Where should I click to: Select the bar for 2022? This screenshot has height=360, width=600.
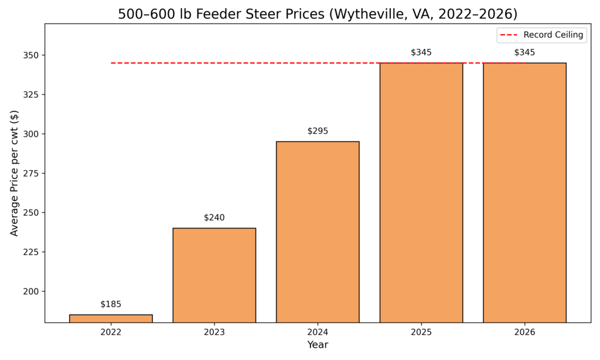pos(111,318)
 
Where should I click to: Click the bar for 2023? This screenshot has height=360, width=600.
pos(214,275)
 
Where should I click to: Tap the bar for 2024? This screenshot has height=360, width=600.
pos(318,232)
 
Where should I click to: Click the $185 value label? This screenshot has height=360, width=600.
pos(111,304)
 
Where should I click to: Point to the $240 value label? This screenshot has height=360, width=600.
pos(214,218)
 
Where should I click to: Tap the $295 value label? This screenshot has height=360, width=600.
pos(318,131)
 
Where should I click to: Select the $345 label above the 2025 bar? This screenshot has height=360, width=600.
pos(421,52)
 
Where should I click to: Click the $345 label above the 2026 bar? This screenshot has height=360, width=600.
pos(524,52)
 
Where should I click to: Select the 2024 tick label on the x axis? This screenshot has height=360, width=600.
pos(318,332)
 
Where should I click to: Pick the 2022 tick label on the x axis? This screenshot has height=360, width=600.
pos(111,332)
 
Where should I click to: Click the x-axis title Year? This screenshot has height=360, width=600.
pos(318,345)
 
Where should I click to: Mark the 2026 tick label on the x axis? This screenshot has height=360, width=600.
pos(524,332)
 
